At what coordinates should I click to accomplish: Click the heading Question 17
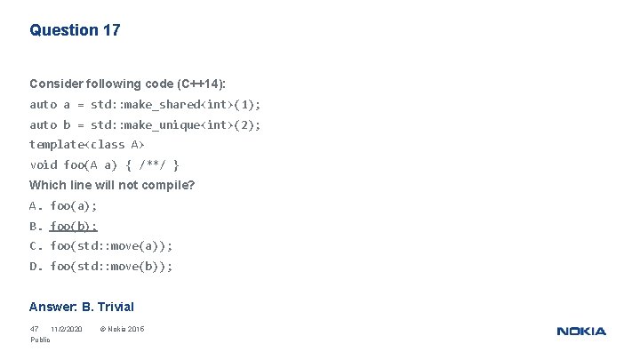click(75, 30)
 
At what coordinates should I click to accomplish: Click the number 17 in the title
click(111, 30)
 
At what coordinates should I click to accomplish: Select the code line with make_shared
click(145, 104)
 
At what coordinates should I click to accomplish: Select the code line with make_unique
click(145, 124)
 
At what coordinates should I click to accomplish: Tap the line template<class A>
click(87, 144)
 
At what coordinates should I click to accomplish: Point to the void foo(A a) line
click(105, 164)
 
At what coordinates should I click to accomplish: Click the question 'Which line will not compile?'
click(112, 185)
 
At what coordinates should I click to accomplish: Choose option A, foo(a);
click(64, 205)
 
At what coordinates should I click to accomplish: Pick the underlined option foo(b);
click(74, 226)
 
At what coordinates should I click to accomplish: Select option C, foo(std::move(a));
click(101, 245)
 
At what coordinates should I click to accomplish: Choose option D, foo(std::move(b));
click(101, 266)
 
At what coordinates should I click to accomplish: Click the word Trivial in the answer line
click(116, 307)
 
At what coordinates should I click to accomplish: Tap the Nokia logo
click(581, 332)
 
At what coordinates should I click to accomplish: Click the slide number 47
click(35, 330)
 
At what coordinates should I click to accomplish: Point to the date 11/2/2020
click(67, 330)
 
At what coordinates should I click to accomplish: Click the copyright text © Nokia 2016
click(122, 330)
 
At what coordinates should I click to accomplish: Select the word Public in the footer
click(40, 340)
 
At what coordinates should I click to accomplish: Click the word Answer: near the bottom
click(52, 307)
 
